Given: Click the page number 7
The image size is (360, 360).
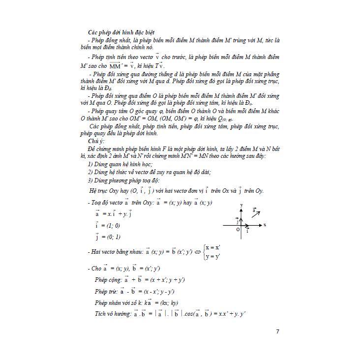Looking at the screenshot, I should tap(278, 331).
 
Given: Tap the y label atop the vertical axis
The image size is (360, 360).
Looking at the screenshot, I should tap(241, 204).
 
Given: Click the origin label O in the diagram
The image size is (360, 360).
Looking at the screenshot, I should tap(237, 229).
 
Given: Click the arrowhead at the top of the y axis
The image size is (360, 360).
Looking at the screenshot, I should tap(241, 208).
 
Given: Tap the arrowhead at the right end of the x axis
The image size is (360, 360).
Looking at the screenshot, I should tap(260, 225).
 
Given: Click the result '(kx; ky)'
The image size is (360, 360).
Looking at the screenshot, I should tap(168, 303).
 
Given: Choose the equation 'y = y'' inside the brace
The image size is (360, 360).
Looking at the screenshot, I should tap(213, 256).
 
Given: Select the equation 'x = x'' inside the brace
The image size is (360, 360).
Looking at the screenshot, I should tap(213, 247).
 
